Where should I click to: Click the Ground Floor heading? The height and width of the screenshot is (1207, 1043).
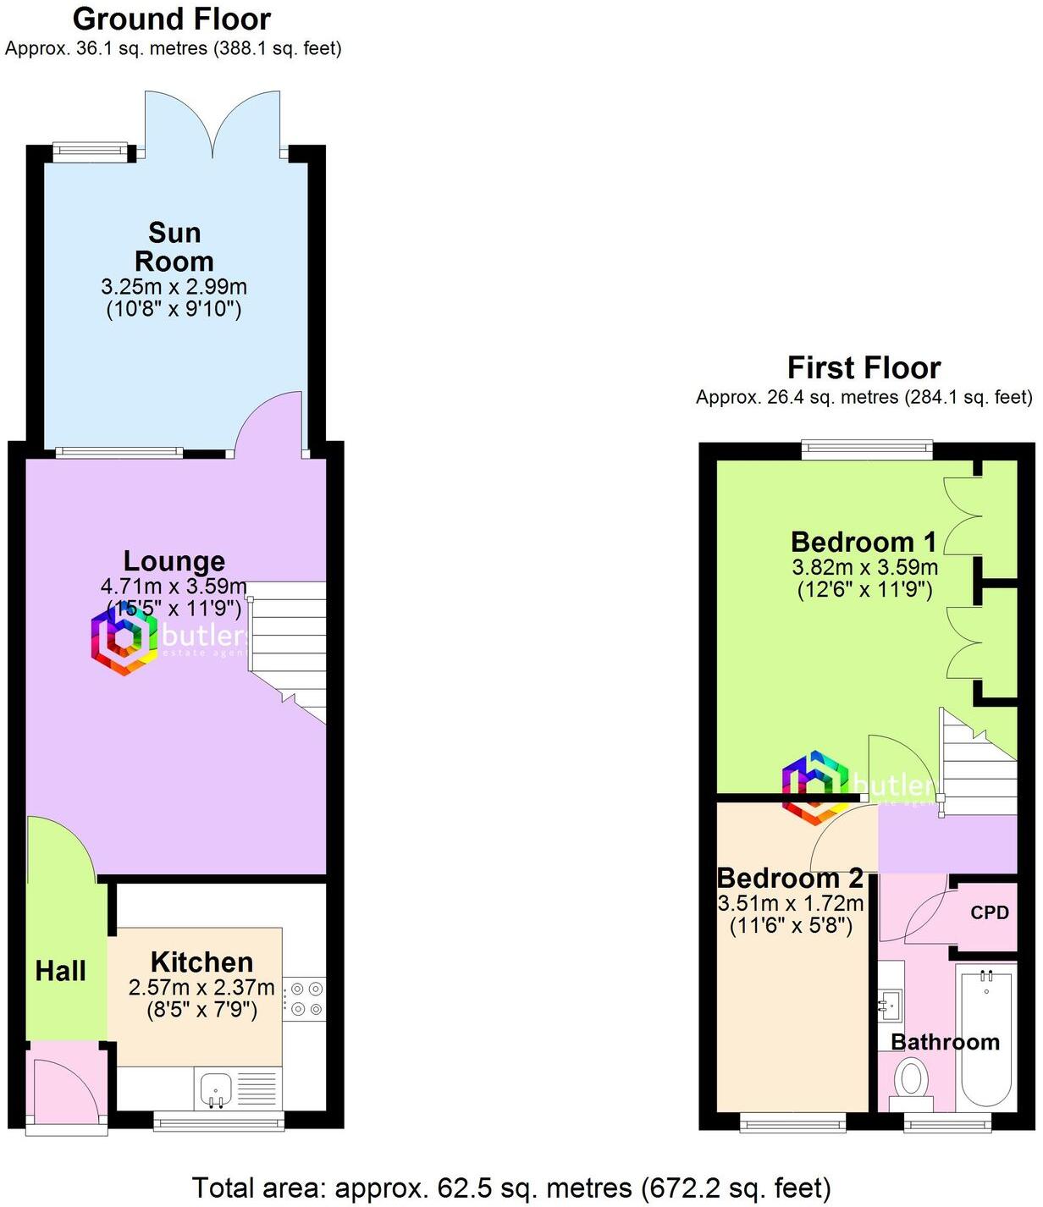click(x=172, y=19)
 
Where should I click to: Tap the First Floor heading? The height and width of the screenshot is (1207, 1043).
click(x=864, y=368)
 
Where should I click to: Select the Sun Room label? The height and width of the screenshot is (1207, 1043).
click(x=174, y=246)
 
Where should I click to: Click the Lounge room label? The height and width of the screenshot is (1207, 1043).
click(x=174, y=561)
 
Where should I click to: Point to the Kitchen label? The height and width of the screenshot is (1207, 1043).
click(x=201, y=962)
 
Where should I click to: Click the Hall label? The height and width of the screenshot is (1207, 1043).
click(x=61, y=971)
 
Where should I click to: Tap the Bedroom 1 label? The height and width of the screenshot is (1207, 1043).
click(x=864, y=542)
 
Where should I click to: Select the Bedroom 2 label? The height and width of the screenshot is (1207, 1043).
click(x=790, y=878)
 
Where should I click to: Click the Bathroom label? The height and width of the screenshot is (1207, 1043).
click(x=945, y=1042)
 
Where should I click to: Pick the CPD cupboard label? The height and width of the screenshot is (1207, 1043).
click(x=990, y=912)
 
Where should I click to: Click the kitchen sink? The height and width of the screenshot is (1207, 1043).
click(x=216, y=1089)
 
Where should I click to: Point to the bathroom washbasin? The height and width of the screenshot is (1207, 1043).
click(x=889, y=1005)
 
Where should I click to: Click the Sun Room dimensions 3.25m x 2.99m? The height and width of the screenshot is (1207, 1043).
click(x=174, y=287)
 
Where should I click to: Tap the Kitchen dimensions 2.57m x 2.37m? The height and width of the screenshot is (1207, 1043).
click(x=201, y=988)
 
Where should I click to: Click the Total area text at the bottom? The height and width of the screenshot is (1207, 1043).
click(x=511, y=1188)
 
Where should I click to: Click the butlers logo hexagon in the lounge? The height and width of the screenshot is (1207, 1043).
click(x=124, y=640)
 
